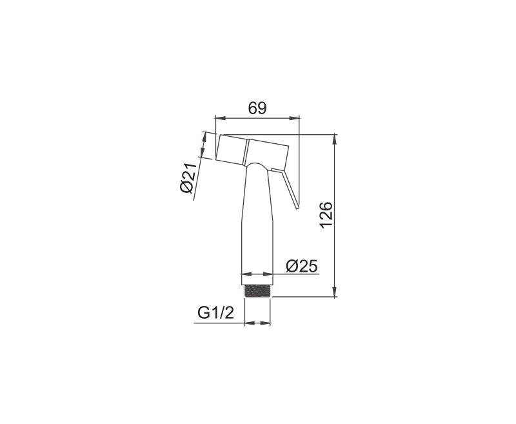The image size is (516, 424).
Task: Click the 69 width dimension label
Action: pos(257,108)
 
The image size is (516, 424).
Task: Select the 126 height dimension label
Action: pos(326,215)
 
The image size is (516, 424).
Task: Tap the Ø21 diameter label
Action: pos(188,177)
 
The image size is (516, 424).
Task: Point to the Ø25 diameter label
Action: pos(302,266)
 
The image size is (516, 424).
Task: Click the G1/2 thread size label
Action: pos(216,312)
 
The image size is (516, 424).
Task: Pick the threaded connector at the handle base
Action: pos(257,291)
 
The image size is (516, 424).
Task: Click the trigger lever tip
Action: pos(297,207)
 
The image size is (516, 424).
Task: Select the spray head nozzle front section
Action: pos(231,150)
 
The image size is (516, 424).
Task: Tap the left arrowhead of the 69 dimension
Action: pos(220,118)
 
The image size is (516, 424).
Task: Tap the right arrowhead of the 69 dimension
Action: pos(295,118)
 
